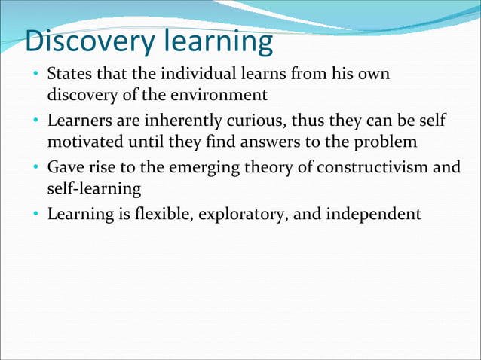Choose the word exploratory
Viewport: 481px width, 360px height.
click(243, 214)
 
